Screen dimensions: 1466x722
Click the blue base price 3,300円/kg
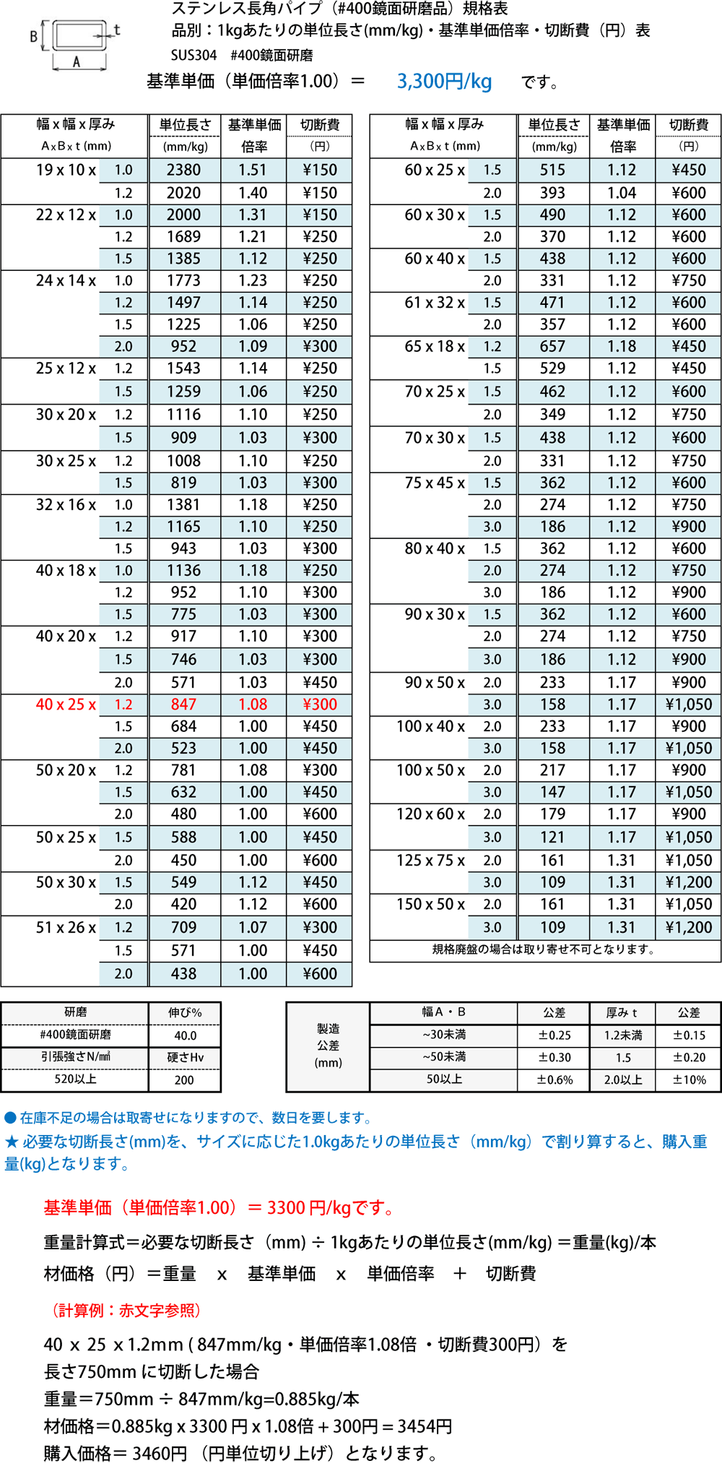pos(444,81)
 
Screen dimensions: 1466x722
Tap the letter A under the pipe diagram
pos(77,63)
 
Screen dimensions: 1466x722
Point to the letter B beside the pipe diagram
pos(33,36)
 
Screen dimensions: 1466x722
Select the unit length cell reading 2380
pos(184,171)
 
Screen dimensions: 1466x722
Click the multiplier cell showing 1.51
pos(253,171)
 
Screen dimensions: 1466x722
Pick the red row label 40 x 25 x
pos(66,704)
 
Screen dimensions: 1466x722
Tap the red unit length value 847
pos(184,704)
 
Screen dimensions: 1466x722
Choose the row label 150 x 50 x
pos(430,905)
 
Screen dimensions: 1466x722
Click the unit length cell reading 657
pos(552,347)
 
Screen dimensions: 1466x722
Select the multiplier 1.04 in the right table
pos(622,193)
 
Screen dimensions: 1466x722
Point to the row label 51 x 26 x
pos(66,928)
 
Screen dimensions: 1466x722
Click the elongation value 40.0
pos(185,1035)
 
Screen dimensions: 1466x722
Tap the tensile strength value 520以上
pos(75,1079)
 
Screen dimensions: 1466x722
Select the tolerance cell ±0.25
pos(554,1035)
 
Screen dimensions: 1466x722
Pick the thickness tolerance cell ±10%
pos(689,1080)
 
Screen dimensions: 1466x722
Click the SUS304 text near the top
pos(193,56)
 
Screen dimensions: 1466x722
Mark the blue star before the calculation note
pos(12,1142)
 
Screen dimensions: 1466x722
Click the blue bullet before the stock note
pos(10,1118)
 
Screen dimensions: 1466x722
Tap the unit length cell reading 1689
pos(184,237)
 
